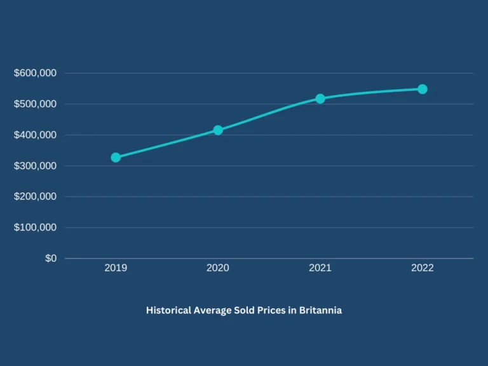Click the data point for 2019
(116, 158)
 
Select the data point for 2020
(218, 130)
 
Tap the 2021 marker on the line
(320, 98)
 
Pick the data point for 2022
(423, 89)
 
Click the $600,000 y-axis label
(36, 73)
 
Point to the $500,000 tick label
(36, 104)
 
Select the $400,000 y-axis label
(36, 135)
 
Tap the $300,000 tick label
(36, 166)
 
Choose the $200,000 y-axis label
(36, 196)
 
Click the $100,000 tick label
(36, 227)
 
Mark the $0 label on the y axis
(50, 258)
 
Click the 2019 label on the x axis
(116, 268)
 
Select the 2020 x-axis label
(218, 268)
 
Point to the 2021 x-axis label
(320, 268)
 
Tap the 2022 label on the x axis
(423, 268)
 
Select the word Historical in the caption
(168, 311)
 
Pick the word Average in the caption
(213, 311)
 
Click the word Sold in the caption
(243, 311)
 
